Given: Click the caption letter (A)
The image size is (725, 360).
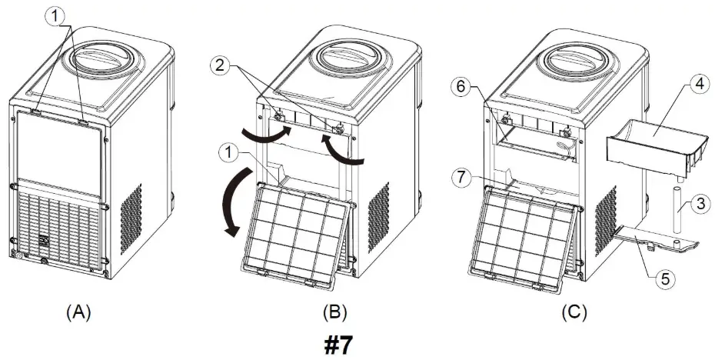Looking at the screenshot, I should coord(79,312).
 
